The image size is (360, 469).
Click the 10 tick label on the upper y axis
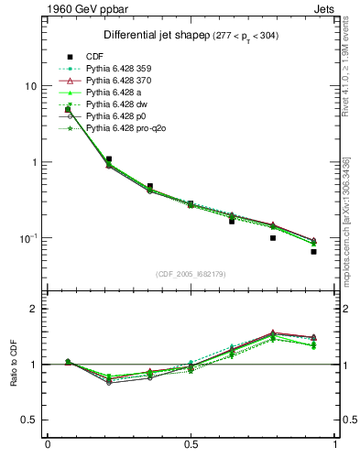coord(30,86)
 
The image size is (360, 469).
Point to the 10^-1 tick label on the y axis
coord(27,237)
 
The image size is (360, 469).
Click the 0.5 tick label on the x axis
coord(191,445)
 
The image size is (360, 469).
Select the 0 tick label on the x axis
coord(47,445)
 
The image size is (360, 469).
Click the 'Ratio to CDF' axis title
coord(13,376)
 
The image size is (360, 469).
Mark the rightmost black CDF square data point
coord(313,251)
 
